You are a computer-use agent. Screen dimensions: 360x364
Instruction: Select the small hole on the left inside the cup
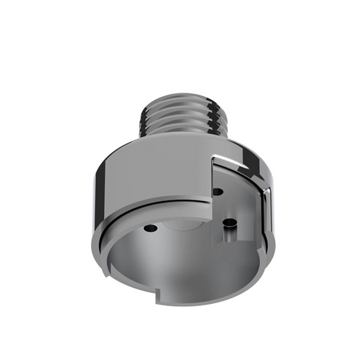tap(150, 229)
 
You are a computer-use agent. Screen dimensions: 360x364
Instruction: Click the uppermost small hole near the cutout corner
tap(218, 192)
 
